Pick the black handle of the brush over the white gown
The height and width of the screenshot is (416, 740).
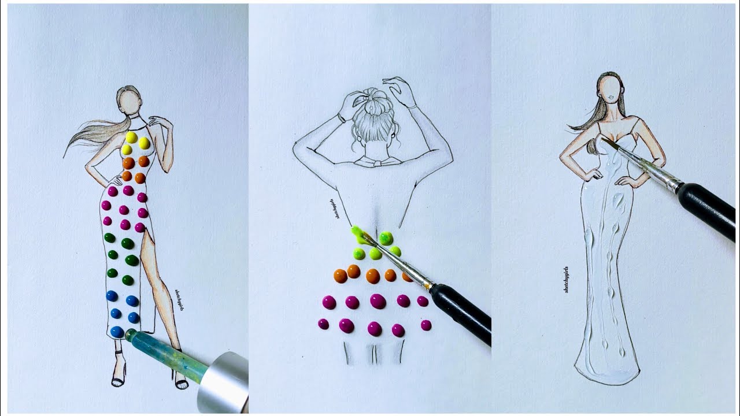click(x=709, y=210)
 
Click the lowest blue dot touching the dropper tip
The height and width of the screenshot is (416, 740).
click(x=117, y=332)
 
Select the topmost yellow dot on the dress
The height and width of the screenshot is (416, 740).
click(x=131, y=138)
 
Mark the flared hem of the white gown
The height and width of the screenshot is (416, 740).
click(x=606, y=370)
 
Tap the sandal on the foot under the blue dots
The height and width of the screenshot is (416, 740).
click(x=119, y=379)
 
